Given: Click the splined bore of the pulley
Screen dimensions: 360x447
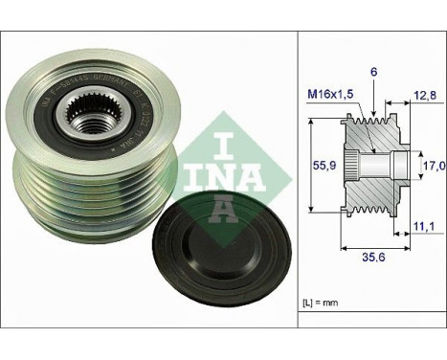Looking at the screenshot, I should tap(91, 117).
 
